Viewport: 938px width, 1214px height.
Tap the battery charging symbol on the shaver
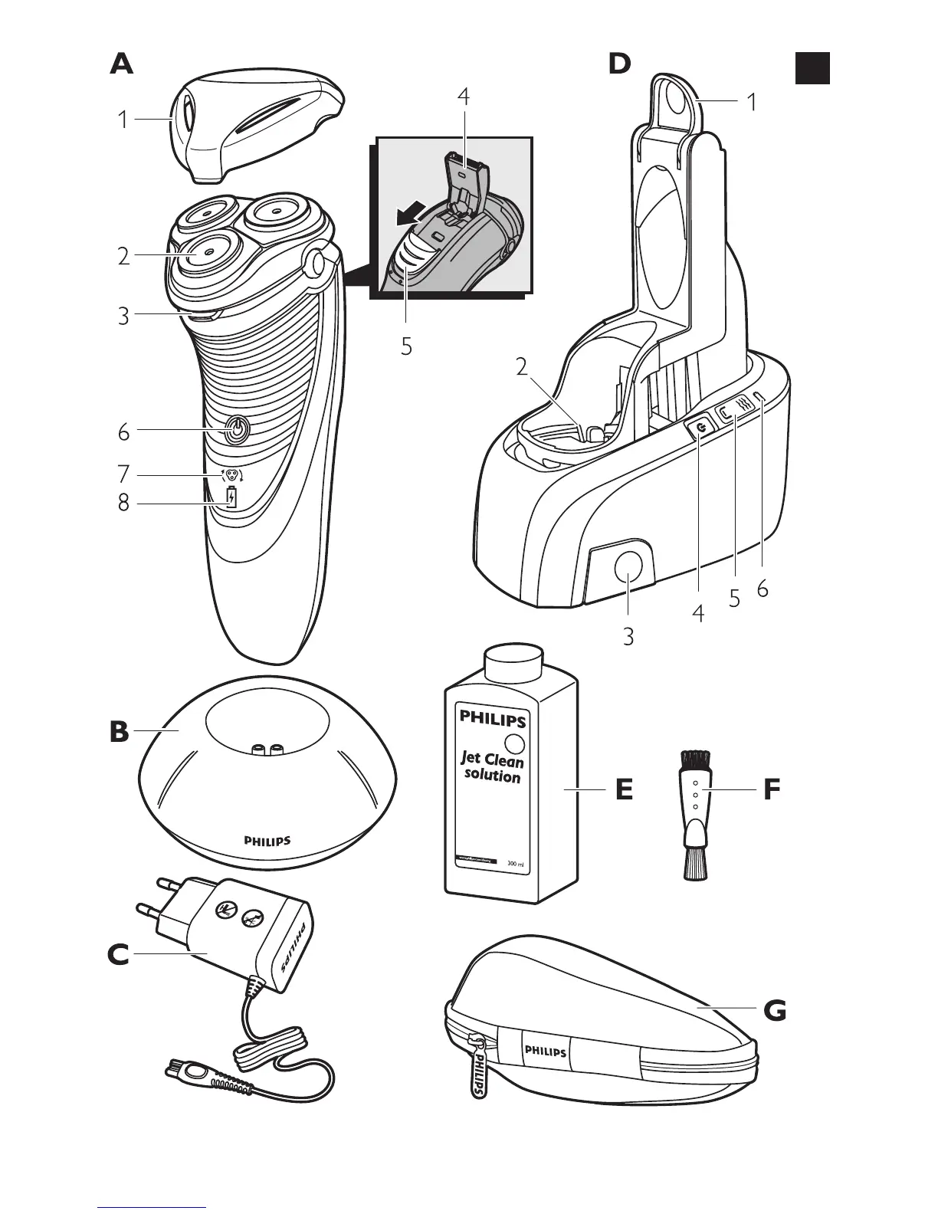(231, 499)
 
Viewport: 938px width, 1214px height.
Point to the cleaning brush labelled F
(696, 814)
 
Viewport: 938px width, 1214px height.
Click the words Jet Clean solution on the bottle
(492, 767)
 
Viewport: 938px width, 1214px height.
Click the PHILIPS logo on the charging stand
(267, 840)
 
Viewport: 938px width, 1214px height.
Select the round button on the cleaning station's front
(628, 568)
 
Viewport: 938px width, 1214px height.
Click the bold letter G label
(775, 1012)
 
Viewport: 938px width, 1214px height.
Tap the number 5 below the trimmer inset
(406, 347)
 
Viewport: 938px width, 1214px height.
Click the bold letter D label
(619, 64)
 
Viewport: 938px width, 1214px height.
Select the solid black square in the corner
(812, 67)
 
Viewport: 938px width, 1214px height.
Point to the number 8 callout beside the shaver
(123, 504)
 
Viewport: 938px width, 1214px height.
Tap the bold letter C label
(119, 954)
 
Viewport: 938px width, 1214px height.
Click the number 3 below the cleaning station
(628, 637)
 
